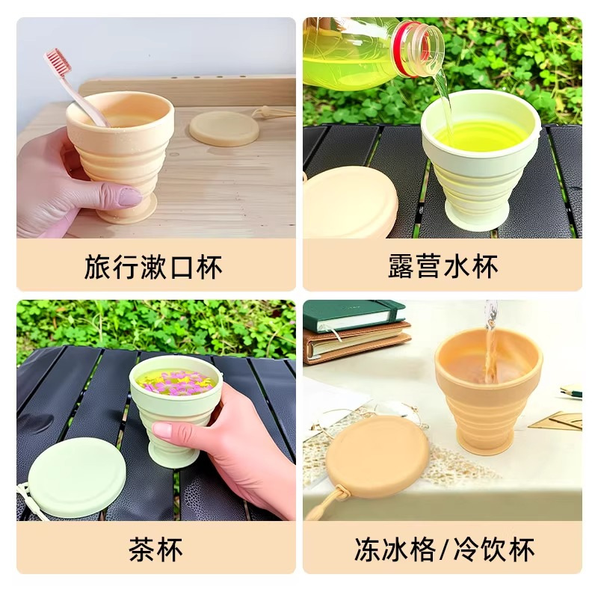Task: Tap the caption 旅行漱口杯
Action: click(x=153, y=266)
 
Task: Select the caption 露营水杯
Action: click(x=443, y=266)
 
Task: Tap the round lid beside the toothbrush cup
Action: click(x=224, y=128)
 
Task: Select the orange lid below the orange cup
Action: click(x=377, y=457)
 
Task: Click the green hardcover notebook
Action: click(x=354, y=314)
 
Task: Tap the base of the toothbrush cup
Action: click(x=124, y=213)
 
